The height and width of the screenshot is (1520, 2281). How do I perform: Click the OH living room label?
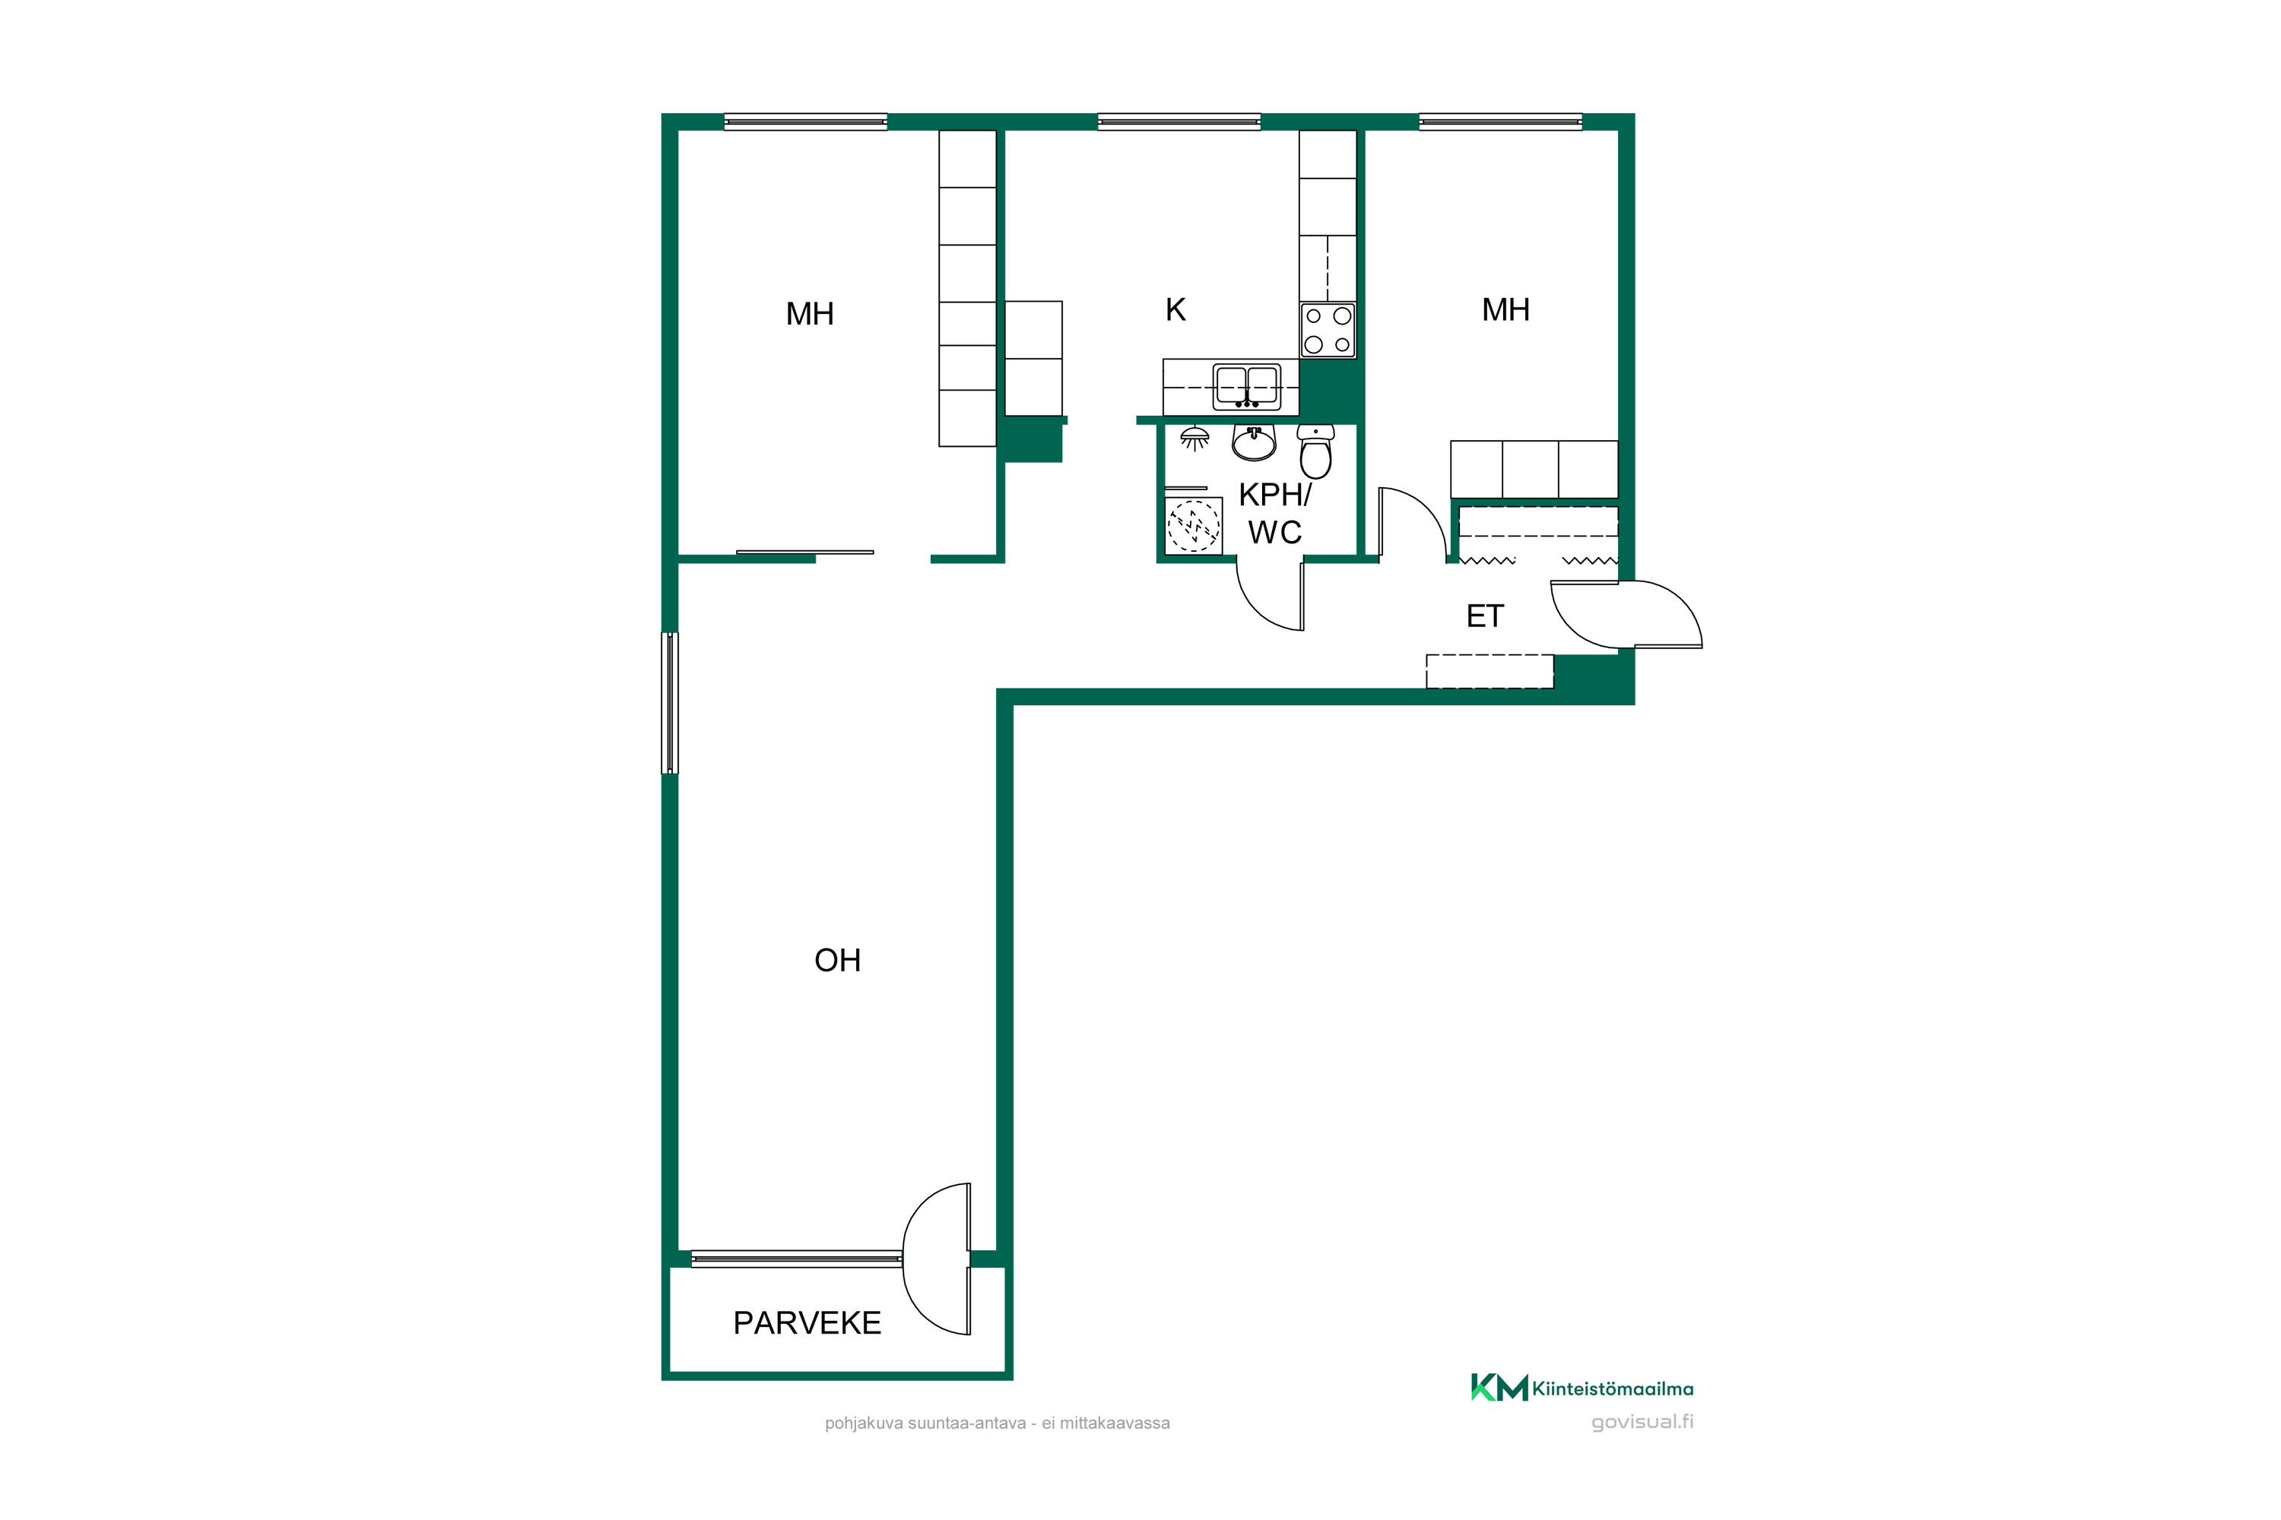tap(837, 960)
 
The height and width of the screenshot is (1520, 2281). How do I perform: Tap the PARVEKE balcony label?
tap(807, 1322)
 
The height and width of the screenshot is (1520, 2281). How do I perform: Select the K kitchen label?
tap(1175, 309)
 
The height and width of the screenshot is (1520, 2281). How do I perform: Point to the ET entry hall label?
tap(1485, 616)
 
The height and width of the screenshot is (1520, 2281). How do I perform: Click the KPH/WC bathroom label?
tap(1274, 513)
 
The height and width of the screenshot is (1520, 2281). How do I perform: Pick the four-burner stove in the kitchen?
tap(1328, 330)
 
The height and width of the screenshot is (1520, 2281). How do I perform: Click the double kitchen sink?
tap(1247, 386)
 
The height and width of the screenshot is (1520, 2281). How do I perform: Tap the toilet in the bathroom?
tap(1315, 451)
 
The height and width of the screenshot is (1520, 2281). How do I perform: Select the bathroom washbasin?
tap(1254, 442)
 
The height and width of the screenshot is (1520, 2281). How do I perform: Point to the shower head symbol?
tap(1194, 439)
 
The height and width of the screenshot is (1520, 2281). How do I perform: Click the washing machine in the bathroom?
tap(1193, 525)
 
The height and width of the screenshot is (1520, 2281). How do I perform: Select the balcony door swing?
tap(937, 1259)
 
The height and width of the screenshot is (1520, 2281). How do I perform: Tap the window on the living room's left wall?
tap(669, 703)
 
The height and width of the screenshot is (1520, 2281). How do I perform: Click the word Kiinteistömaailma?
tap(1613, 1389)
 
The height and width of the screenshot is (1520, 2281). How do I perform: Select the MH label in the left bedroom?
tap(810, 313)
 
